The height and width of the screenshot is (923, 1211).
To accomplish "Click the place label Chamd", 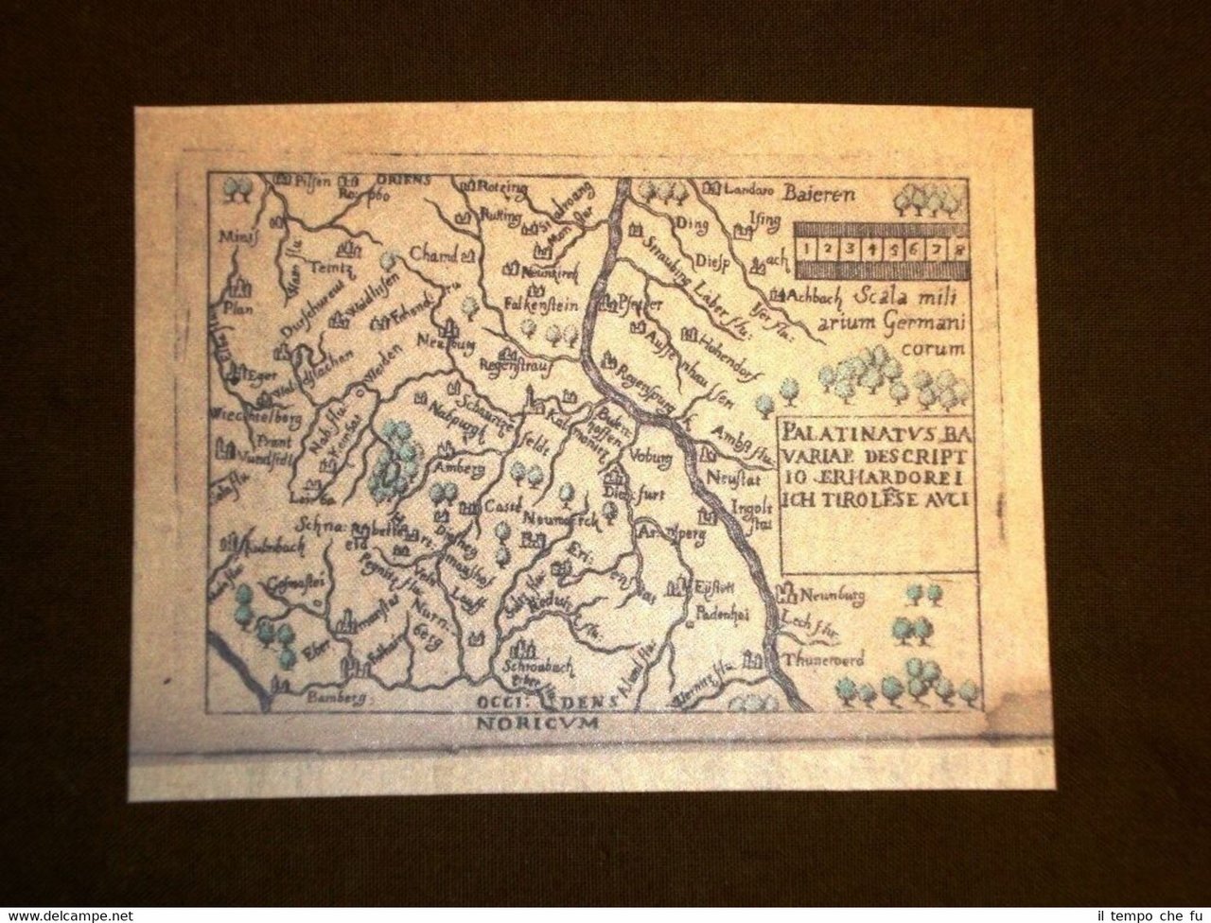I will point(433,253).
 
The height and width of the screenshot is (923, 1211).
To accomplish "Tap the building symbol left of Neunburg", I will point(784,593).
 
